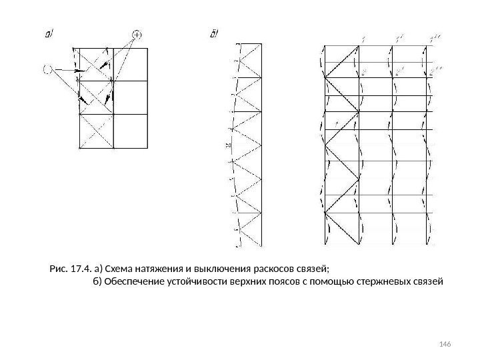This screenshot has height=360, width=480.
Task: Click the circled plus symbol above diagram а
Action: tap(137, 34)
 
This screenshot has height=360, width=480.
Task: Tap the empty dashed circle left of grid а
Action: tap(48, 67)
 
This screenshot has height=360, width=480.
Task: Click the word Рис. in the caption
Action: tap(59, 269)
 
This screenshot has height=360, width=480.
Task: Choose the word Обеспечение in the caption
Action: tap(132, 282)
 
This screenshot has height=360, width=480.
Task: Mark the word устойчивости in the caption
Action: tap(191, 282)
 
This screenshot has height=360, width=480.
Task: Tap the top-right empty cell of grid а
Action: tap(131, 64)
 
